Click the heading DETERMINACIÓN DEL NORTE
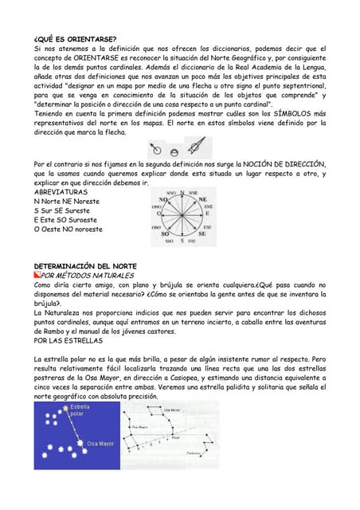pos(85,265)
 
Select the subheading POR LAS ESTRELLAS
pos(68,340)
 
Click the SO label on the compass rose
pos(168,234)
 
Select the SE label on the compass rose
pos(202,234)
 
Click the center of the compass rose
pos(182,215)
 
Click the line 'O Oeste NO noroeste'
pos(68,229)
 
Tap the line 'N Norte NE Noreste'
pos(67,202)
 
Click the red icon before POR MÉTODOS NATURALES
pos(37,275)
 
